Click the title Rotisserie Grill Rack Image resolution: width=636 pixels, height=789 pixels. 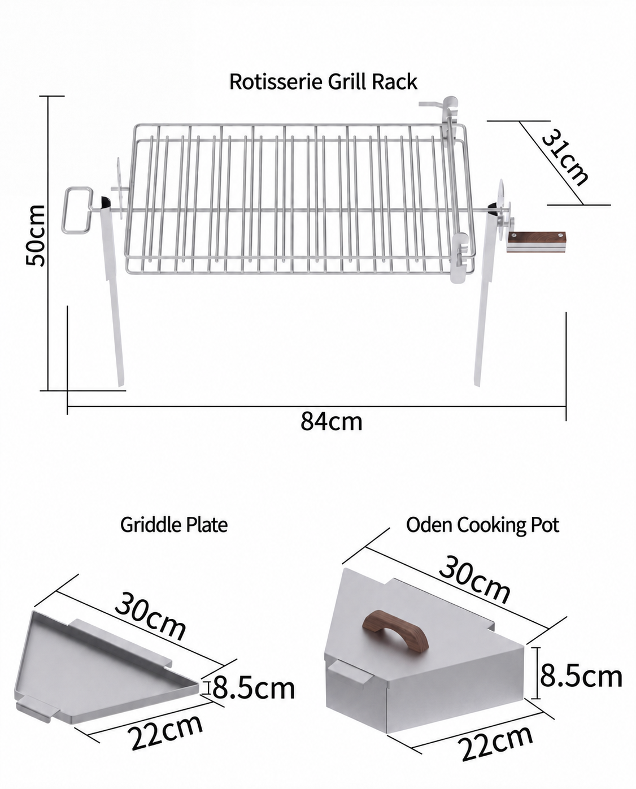[x=323, y=82]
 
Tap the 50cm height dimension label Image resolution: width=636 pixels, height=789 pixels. [x=36, y=235]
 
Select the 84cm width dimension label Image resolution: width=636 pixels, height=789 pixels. [x=331, y=422]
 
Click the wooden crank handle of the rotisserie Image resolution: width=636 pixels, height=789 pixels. [x=536, y=241]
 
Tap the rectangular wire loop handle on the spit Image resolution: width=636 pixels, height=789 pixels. [x=77, y=211]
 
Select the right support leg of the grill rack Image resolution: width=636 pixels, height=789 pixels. [x=485, y=298]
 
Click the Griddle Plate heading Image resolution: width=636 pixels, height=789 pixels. [x=174, y=525]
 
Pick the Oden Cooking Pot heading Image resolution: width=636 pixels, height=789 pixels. [x=482, y=525]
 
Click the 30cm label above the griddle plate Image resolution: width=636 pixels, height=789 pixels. [x=150, y=617]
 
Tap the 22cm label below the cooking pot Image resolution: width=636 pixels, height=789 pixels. [x=496, y=744]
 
